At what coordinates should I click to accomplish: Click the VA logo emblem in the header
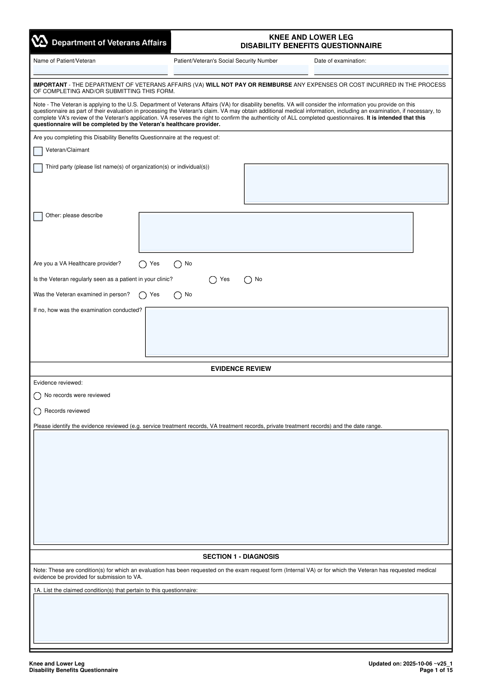(40, 42)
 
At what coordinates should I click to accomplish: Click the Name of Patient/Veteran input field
(100, 70)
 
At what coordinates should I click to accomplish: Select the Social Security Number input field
(241, 70)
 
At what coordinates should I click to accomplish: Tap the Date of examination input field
(381, 70)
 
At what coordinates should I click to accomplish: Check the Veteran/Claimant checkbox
(38, 151)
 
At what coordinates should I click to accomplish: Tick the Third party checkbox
(38, 168)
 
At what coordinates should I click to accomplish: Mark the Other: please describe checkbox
(38, 217)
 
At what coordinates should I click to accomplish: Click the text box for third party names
(346, 184)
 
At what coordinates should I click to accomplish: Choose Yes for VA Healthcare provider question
(143, 265)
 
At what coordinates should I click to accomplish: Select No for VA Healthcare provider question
(178, 265)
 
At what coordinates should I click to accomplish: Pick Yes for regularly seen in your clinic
(213, 280)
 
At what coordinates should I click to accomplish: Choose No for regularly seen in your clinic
(248, 280)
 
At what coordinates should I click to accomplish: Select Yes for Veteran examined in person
(143, 295)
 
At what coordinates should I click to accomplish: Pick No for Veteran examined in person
(178, 295)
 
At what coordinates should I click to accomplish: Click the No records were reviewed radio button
(37, 396)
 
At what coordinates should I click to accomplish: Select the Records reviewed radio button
(37, 411)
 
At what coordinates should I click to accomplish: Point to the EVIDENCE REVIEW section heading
(241, 369)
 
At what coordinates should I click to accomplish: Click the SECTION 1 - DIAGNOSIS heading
(241, 557)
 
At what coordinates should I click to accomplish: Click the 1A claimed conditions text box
(241, 618)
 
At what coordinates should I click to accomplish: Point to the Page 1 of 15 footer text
(436, 670)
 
